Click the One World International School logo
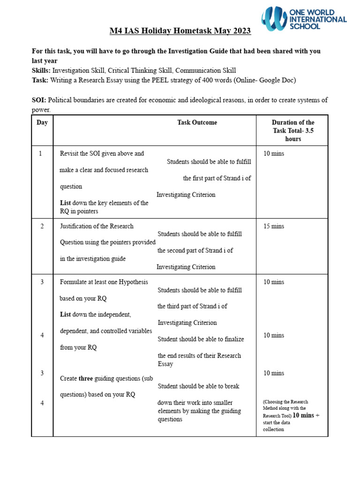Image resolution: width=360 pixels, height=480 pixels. pos(304,19)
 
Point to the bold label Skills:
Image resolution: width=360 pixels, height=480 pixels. pos(41,70)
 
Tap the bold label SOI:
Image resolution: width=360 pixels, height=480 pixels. pos(39,99)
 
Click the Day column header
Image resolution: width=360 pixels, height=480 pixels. pos(42,122)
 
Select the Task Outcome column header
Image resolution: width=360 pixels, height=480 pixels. pos(197,122)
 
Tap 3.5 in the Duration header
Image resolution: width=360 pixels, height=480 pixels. pos(308,131)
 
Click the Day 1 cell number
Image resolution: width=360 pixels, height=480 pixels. pos(42,153)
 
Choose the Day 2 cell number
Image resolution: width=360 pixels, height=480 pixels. pos(42,226)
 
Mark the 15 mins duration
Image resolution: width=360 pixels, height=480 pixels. pos(274,226)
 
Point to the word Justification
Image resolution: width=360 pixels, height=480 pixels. pos(78,226)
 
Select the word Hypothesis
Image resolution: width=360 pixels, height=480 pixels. pos(132,282)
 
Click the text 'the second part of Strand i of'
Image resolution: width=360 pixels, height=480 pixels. pos(195,250)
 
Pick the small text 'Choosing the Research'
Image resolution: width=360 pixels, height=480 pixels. pos(286,402)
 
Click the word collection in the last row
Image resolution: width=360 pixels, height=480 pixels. pos(273,429)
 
